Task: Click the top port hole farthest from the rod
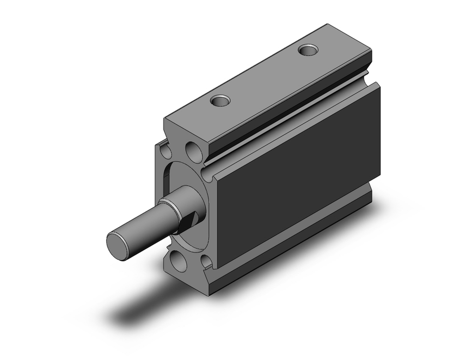click(x=308, y=49)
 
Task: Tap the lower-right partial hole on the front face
click(x=206, y=263)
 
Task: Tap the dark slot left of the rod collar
click(x=165, y=177)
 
